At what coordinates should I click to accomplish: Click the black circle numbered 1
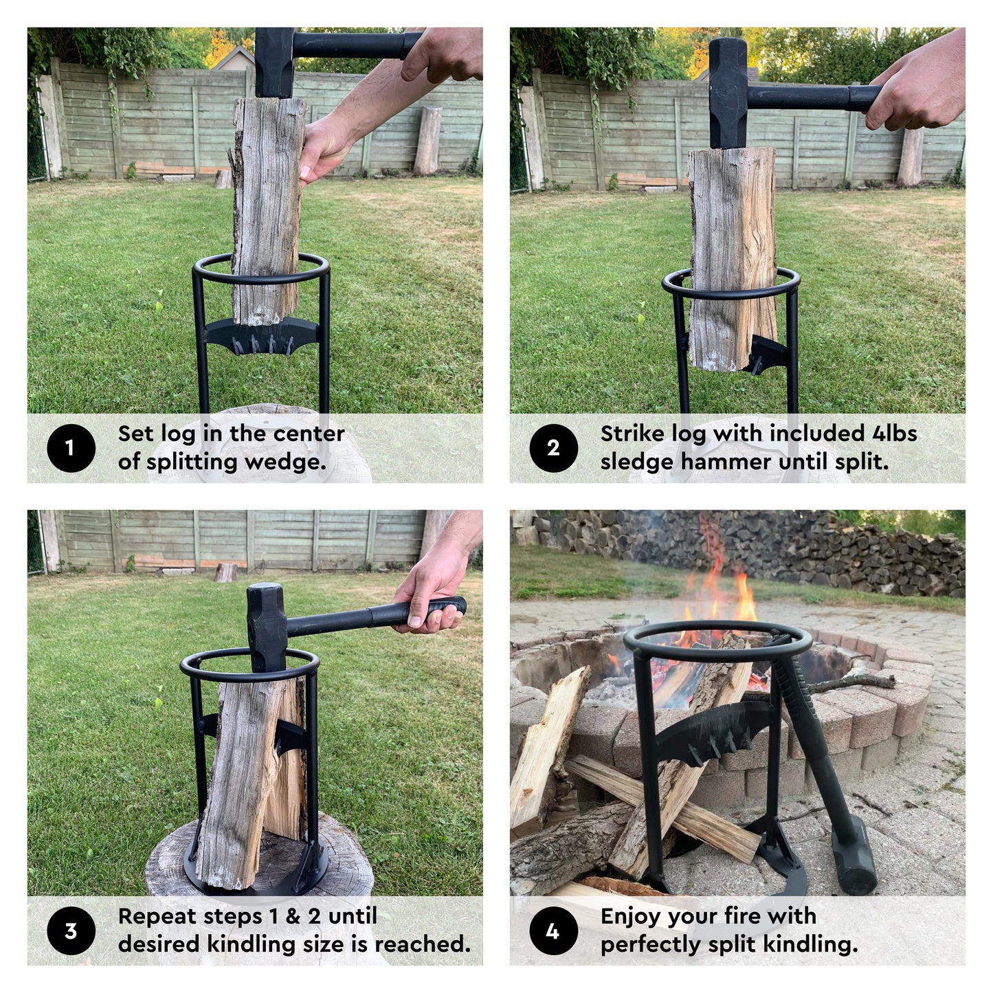click(x=71, y=448)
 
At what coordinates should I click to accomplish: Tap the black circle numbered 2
click(x=553, y=448)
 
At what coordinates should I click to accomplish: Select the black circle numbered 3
click(x=71, y=930)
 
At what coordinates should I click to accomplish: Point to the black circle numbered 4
click(x=553, y=930)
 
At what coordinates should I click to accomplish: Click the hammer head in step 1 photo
click(x=275, y=63)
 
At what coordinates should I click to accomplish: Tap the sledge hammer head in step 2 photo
click(x=728, y=93)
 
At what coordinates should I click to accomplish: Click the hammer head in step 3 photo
click(x=267, y=627)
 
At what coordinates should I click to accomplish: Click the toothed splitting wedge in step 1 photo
click(x=262, y=336)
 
